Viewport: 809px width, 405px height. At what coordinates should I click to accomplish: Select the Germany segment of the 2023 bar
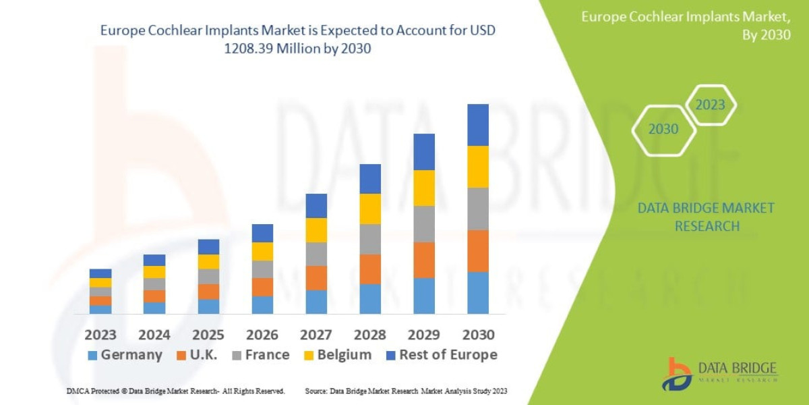[x=100, y=309]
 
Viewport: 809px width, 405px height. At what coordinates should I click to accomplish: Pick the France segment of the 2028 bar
[x=370, y=239]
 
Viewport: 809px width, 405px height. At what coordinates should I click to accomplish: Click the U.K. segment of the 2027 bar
[x=316, y=277]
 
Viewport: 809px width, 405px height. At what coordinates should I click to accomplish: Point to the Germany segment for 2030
[x=478, y=292]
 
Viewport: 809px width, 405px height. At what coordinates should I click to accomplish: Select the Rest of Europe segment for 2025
[x=208, y=246]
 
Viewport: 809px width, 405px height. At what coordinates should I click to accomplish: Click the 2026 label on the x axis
[x=262, y=335]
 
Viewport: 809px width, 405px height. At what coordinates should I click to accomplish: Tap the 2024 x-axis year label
[x=154, y=335]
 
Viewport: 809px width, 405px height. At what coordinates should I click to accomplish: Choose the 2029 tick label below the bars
[x=424, y=335]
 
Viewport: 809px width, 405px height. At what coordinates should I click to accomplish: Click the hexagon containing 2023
[x=710, y=105]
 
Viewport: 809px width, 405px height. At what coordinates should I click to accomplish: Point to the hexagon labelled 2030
[x=663, y=129]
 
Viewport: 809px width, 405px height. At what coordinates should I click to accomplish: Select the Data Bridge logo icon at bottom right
[x=676, y=374]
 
